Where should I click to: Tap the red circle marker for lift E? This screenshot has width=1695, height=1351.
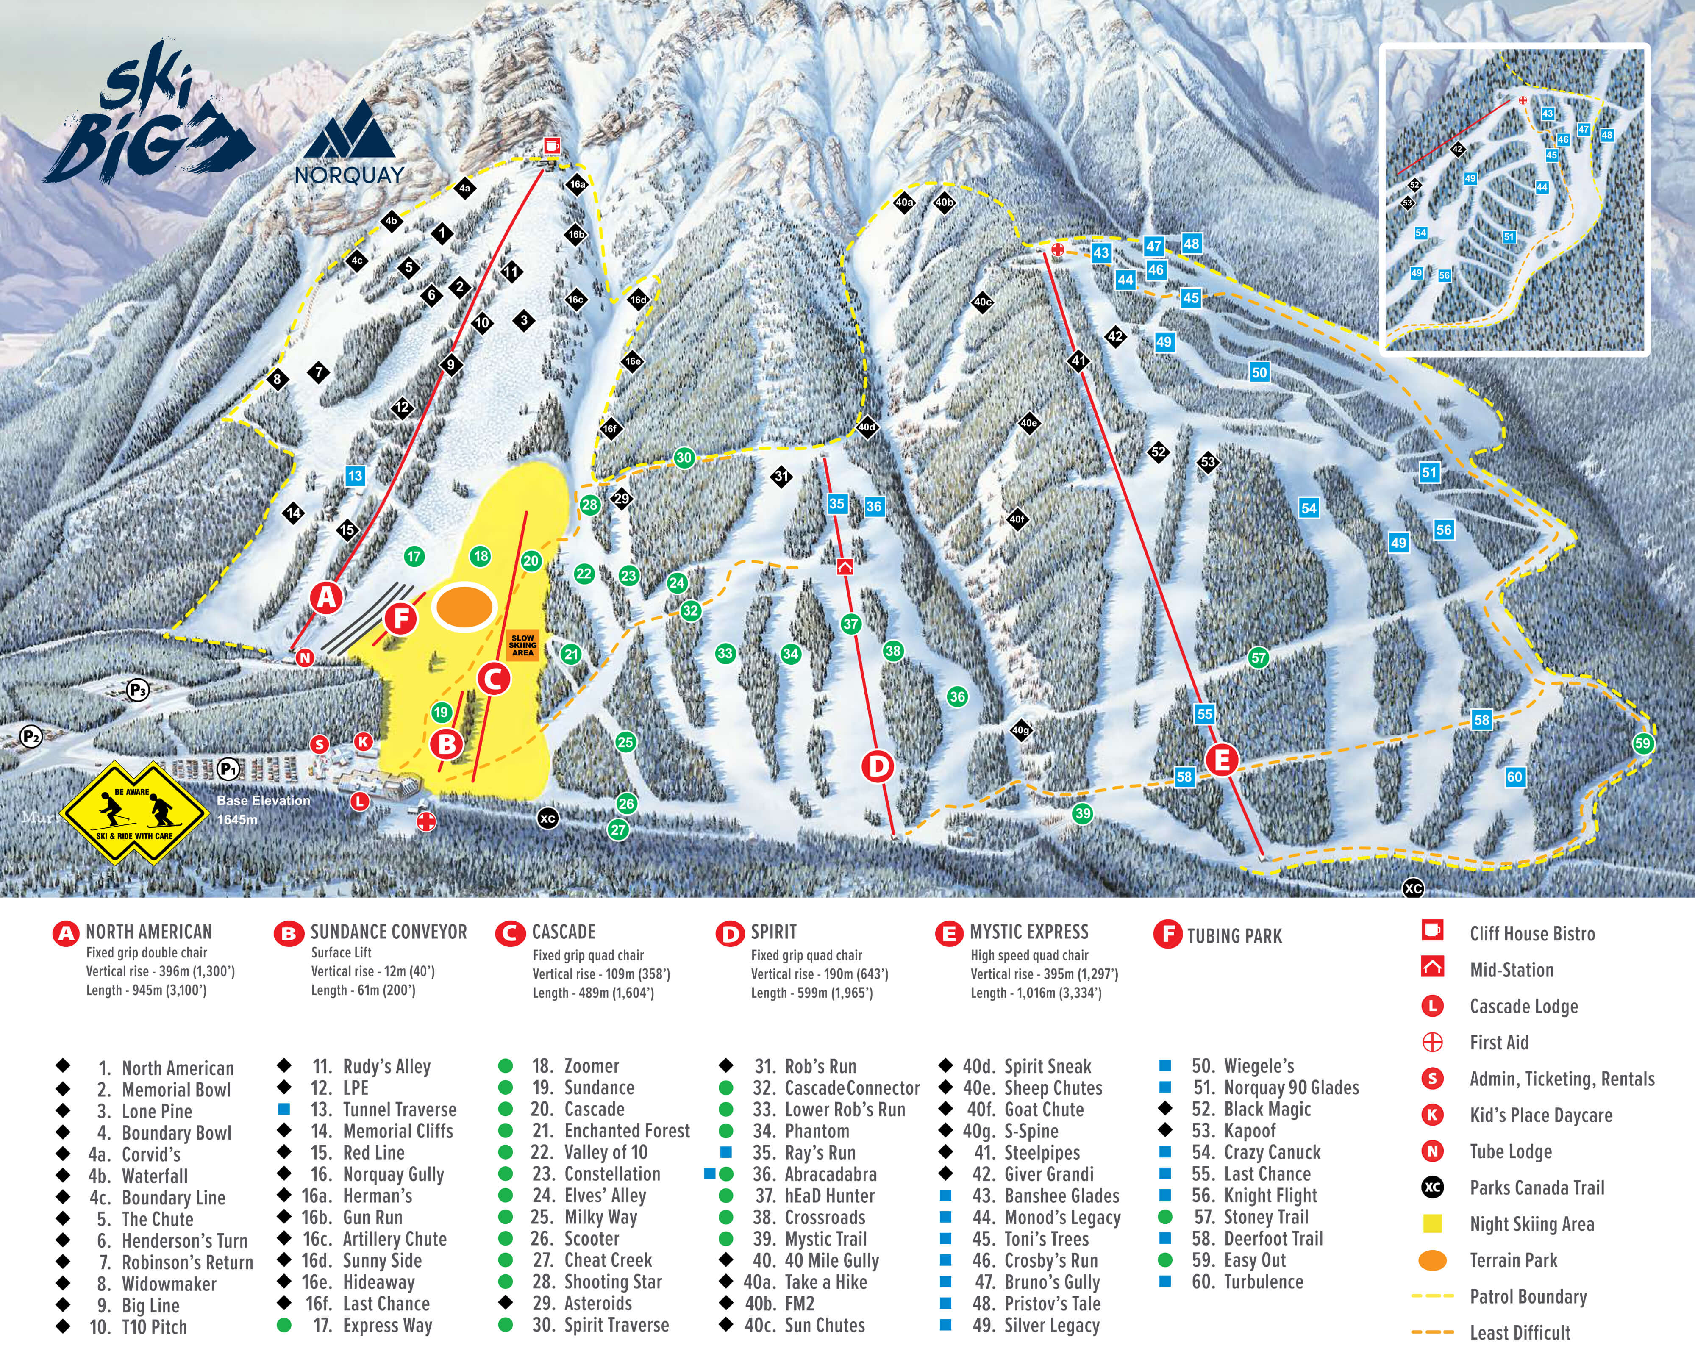(1222, 760)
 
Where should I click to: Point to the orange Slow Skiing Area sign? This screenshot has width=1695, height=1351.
(523, 645)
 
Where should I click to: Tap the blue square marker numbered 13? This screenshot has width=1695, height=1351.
(355, 475)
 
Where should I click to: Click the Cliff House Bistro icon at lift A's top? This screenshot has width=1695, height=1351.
(552, 145)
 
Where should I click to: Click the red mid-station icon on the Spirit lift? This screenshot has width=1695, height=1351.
(845, 566)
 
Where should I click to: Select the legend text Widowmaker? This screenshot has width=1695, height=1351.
(168, 1284)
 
